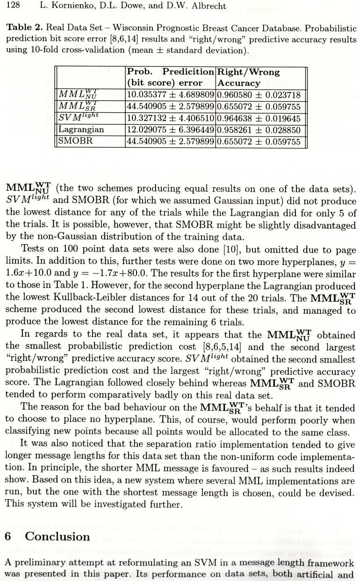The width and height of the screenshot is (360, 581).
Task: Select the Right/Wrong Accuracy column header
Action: coord(248,78)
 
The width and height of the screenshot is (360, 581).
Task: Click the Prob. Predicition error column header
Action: coord(170,78)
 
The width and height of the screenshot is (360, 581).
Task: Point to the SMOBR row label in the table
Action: coord(75,141)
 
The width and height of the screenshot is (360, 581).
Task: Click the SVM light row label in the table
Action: coord(78,118)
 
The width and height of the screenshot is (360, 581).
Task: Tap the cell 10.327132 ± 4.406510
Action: coord(171,118)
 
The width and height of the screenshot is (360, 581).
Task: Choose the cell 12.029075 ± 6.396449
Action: coord(171,129)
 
